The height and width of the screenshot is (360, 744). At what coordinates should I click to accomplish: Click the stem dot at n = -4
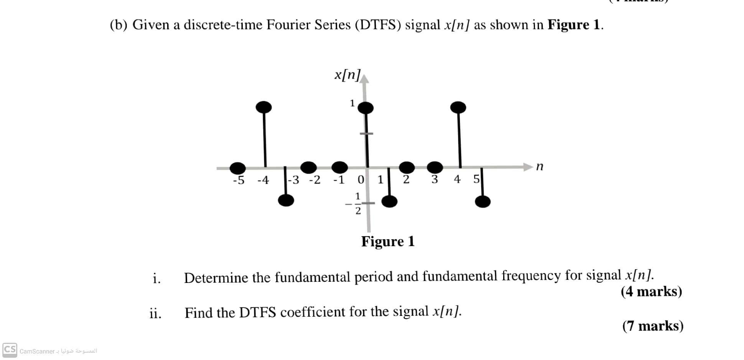pyautogui.click(x=263, y=107)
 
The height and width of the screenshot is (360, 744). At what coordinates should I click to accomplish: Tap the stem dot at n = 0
pyautogui.click(x=365, y=108)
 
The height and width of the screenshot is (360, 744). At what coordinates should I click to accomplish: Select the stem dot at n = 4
pyautogui.click(x=458, y=107)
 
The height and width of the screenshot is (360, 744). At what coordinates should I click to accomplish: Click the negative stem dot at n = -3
pyautogui.click(x=286, y=200)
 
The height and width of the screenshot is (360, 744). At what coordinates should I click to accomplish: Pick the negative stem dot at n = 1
pyautogui.click(x=390, y=201)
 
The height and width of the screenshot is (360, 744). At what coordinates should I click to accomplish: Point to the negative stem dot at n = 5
pyautogui.click(x=482, y=201)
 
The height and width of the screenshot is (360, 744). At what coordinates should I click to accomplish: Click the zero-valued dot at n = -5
pyautogui.click(x=238, y=168)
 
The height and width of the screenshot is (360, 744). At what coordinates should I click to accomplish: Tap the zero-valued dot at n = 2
pyautogui.click(x=407, y=167)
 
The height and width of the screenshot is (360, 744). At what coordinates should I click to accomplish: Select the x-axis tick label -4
pyautogui.click(x=263, y=180)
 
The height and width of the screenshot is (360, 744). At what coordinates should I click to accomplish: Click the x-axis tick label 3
pyautogui.click(x=435, y=179)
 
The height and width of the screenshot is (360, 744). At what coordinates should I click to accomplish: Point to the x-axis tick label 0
pyautogui.click(x=361, y=179)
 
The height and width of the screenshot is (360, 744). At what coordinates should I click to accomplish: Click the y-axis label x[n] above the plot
pyautogui.click(x=347, y=75)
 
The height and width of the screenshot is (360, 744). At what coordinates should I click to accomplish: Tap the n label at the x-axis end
pyautogui.click(x=540, y=166)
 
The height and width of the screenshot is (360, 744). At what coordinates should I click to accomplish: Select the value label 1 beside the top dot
pyautogui.click(x=352, y=103)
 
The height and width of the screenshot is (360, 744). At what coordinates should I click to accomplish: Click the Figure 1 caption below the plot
pyautogui.click(x=388, y=242)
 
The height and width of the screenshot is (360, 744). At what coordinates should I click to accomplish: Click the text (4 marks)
pyautogui.click(x=651, y=292)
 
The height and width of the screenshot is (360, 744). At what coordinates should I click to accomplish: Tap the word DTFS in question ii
pyautogui.click(x=257, y=312)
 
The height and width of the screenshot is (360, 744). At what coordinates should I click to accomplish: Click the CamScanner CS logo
pyautogui.click(x=10, y=350)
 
